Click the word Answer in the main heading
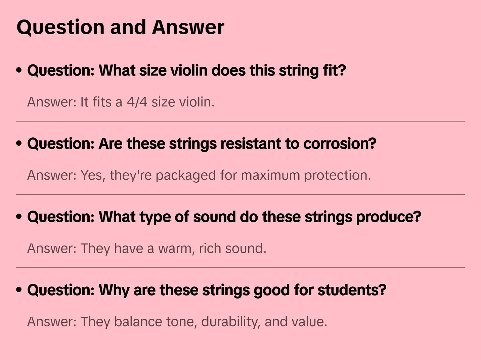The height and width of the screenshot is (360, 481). tap(188, 27)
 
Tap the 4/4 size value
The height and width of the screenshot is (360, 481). tap(137, 102)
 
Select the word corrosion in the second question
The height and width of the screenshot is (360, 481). tap(339, 144)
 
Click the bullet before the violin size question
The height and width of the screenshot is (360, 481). tap(19, 71)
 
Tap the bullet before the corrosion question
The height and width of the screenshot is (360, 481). tap(19, 144)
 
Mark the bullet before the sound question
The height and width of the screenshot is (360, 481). tap(19, 217)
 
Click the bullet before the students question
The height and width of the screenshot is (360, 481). tap(19, 290)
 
